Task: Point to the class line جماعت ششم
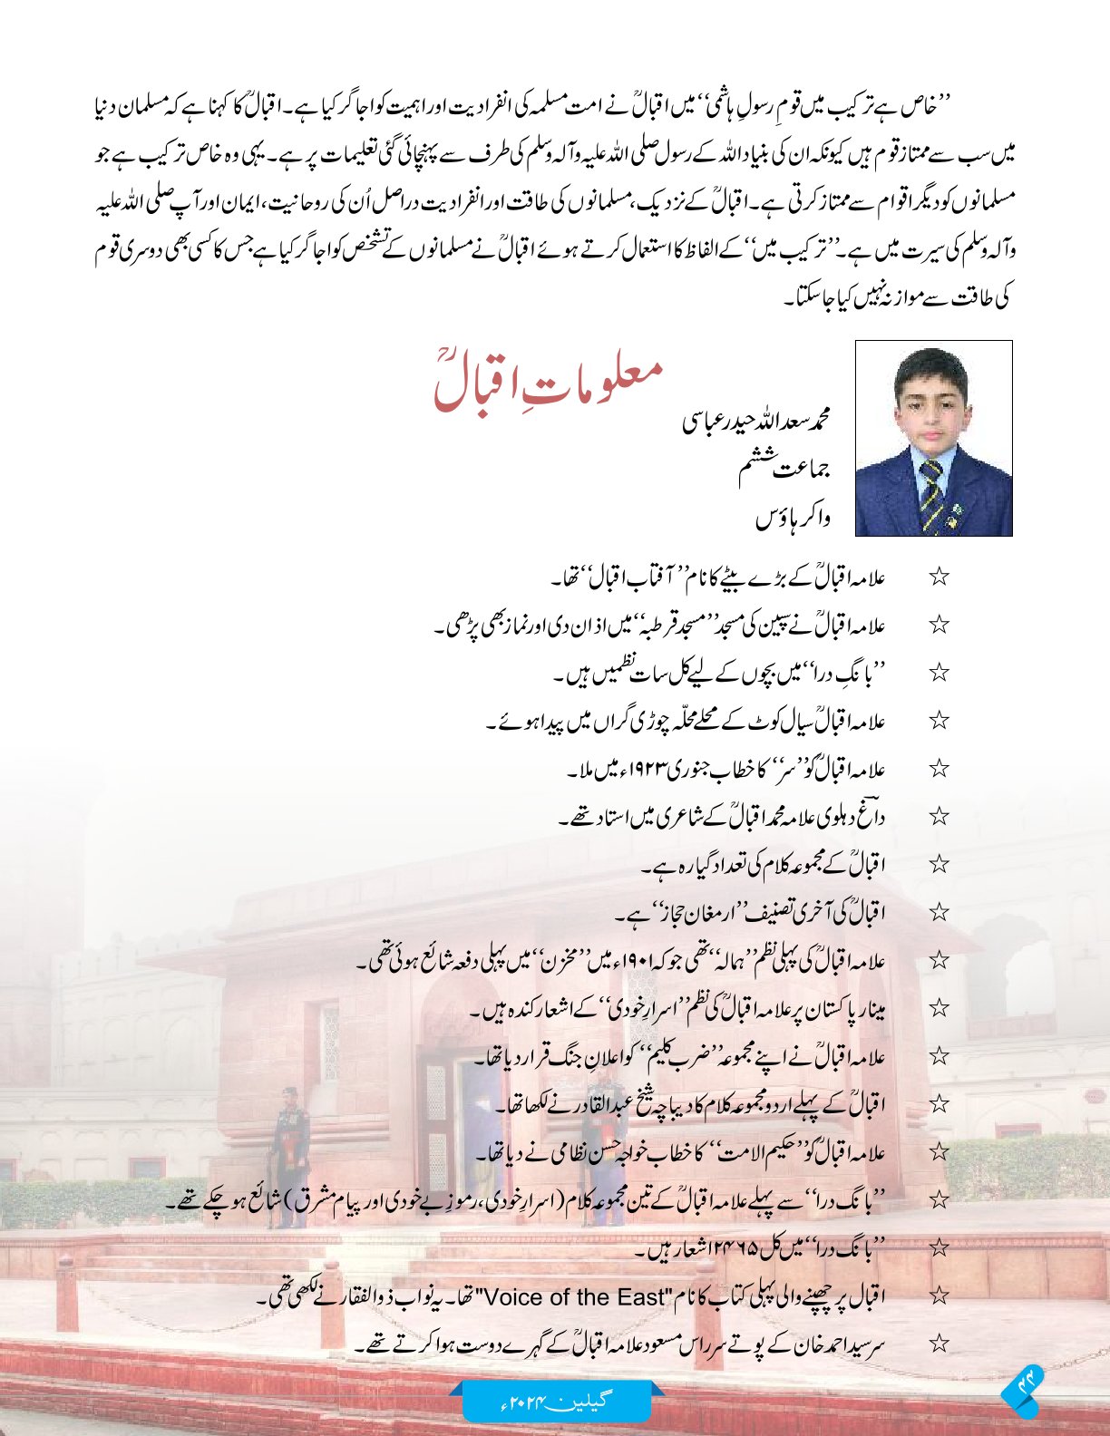[785, 468]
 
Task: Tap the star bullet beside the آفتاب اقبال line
[940, 577]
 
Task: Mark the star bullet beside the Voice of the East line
[940, 1296]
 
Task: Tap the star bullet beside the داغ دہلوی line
[940, 817]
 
